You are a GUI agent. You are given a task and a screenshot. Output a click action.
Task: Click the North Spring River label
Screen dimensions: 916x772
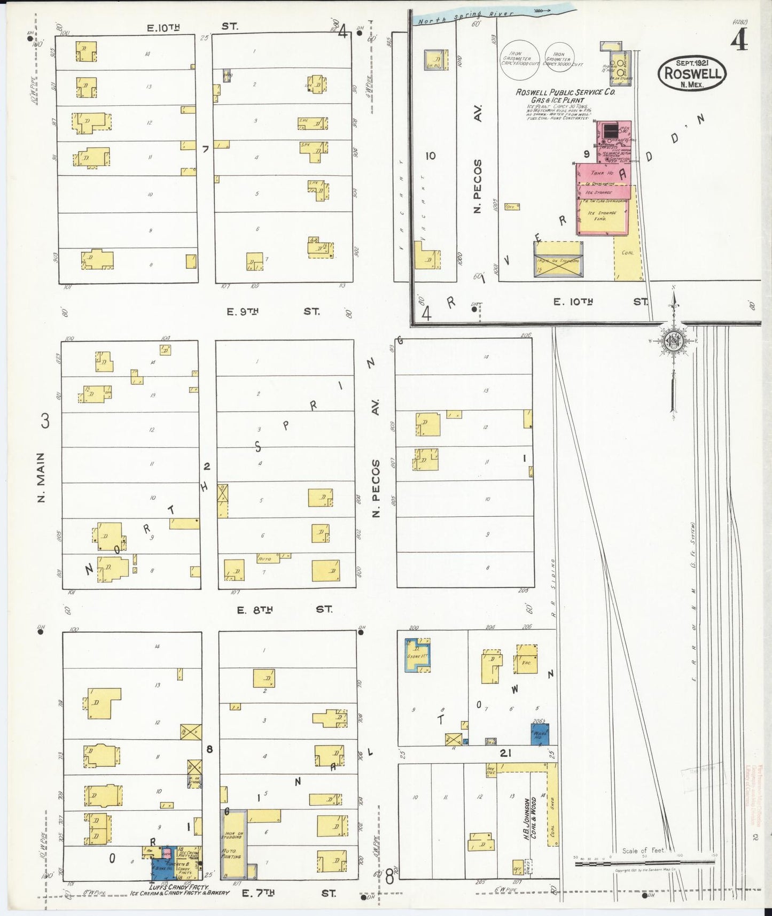click(x=465, y=18)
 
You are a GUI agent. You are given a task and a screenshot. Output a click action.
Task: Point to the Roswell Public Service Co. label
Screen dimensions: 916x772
click(x=565, y=92)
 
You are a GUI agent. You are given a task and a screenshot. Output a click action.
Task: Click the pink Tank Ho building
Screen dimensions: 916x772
click(x=603, y=173)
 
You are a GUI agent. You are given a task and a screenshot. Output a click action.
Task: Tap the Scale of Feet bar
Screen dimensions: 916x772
click(x=644, y=861)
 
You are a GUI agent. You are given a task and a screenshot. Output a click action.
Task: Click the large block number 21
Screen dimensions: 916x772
click(x=505, y=753)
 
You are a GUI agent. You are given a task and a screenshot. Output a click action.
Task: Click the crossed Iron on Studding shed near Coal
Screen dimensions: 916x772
click(x=558, y=259)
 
